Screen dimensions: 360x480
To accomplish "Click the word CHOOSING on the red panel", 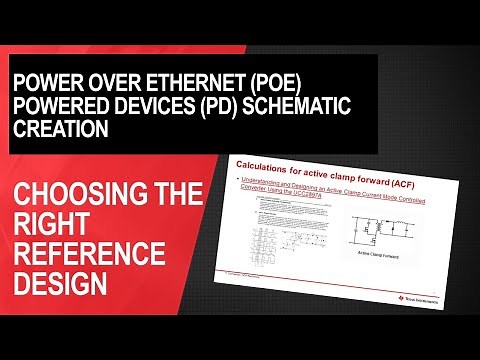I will [x=71, y=194].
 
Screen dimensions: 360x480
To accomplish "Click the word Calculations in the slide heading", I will [x=264, y=163].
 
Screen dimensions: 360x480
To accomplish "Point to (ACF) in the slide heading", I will [x=404, y=163].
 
